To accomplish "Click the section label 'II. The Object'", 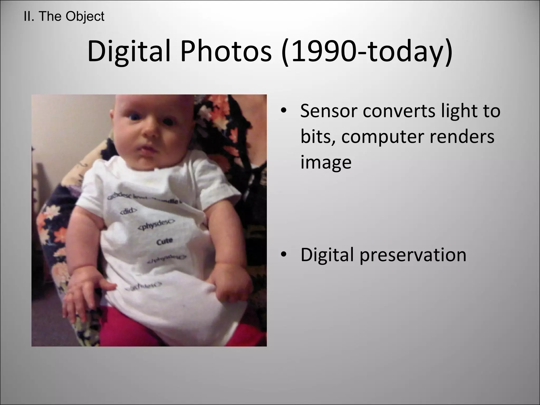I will tap(64, 17).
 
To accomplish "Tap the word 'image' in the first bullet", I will tap(326, 162).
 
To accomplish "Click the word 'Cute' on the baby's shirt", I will tap(165, 241).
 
